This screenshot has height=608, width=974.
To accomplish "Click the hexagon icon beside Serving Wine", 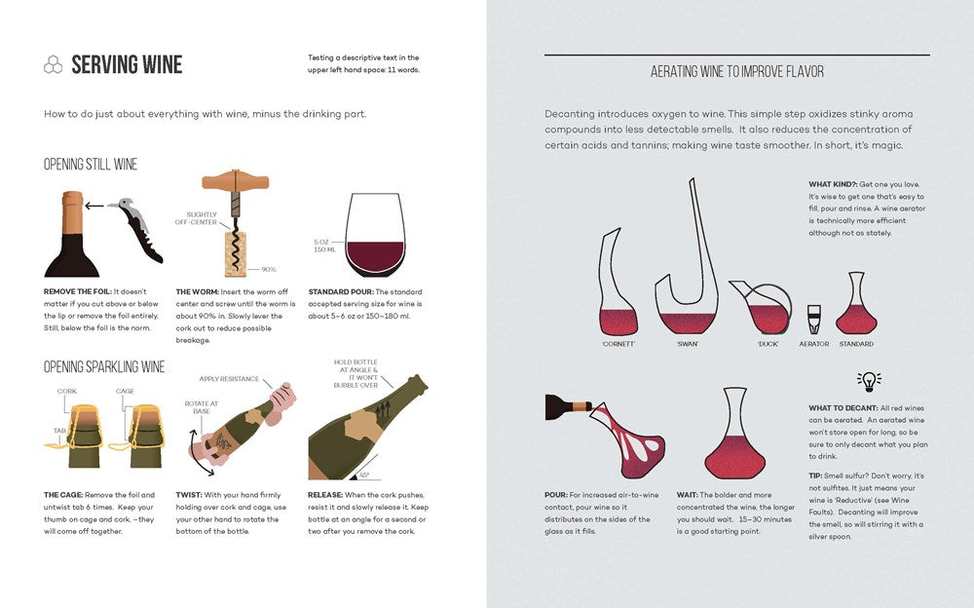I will pos(53,65).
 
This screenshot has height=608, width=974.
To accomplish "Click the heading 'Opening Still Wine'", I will pos(91,165).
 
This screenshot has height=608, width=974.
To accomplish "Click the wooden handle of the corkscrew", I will pos(235,182).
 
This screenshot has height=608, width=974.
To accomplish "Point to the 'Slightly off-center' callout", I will pos(196,219).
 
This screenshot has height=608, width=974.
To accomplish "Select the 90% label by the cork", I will pos(269,269).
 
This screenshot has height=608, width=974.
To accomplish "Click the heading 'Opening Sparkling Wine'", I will pos(104,367).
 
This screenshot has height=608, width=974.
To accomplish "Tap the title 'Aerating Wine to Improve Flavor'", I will pos(736,72).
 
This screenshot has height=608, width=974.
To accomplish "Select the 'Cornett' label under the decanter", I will pos(618,344).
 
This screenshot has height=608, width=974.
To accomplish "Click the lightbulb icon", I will pos(869,381).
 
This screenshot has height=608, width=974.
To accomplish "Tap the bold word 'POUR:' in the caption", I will pos(556,495).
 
